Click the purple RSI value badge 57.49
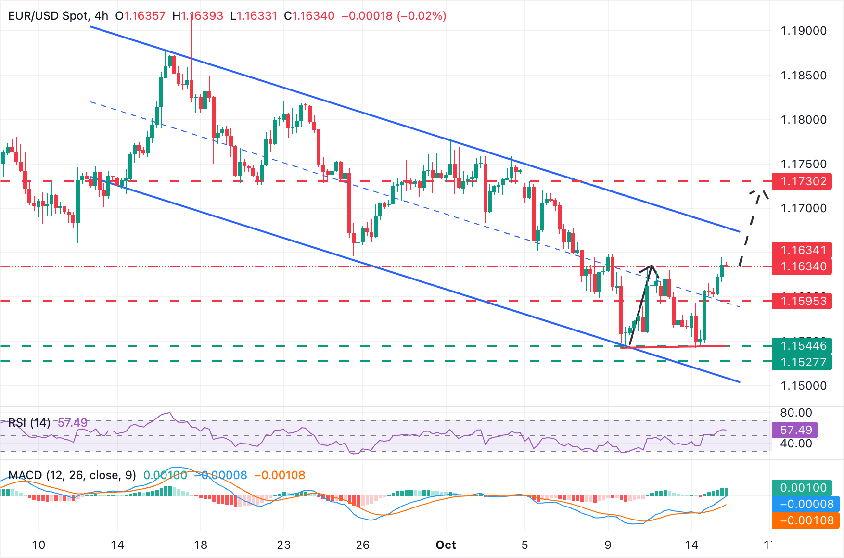tap(796, 430)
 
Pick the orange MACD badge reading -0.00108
tap(806, 520)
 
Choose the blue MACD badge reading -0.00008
tap(806, 504)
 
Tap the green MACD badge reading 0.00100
tap(803, 488)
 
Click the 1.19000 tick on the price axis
tap(803, 31)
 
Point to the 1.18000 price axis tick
tap(803, 120)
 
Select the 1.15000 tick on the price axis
tap(803, 386)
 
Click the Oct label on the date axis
tap(446, 545)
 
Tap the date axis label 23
tap(284, 545)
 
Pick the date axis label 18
tap(201, 545)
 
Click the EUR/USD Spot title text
tap(48, 16)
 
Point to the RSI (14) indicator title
tap(29, 423)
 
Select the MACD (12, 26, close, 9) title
tap(72, 475)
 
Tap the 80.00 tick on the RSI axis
tap(796, 413)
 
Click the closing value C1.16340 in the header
tap(309, 16)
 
